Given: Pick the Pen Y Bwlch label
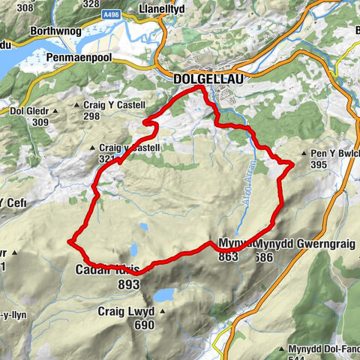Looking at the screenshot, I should click(335, 154).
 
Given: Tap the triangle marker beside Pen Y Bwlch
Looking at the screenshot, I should click(303, 154).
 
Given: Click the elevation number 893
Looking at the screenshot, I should click(130, 284).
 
